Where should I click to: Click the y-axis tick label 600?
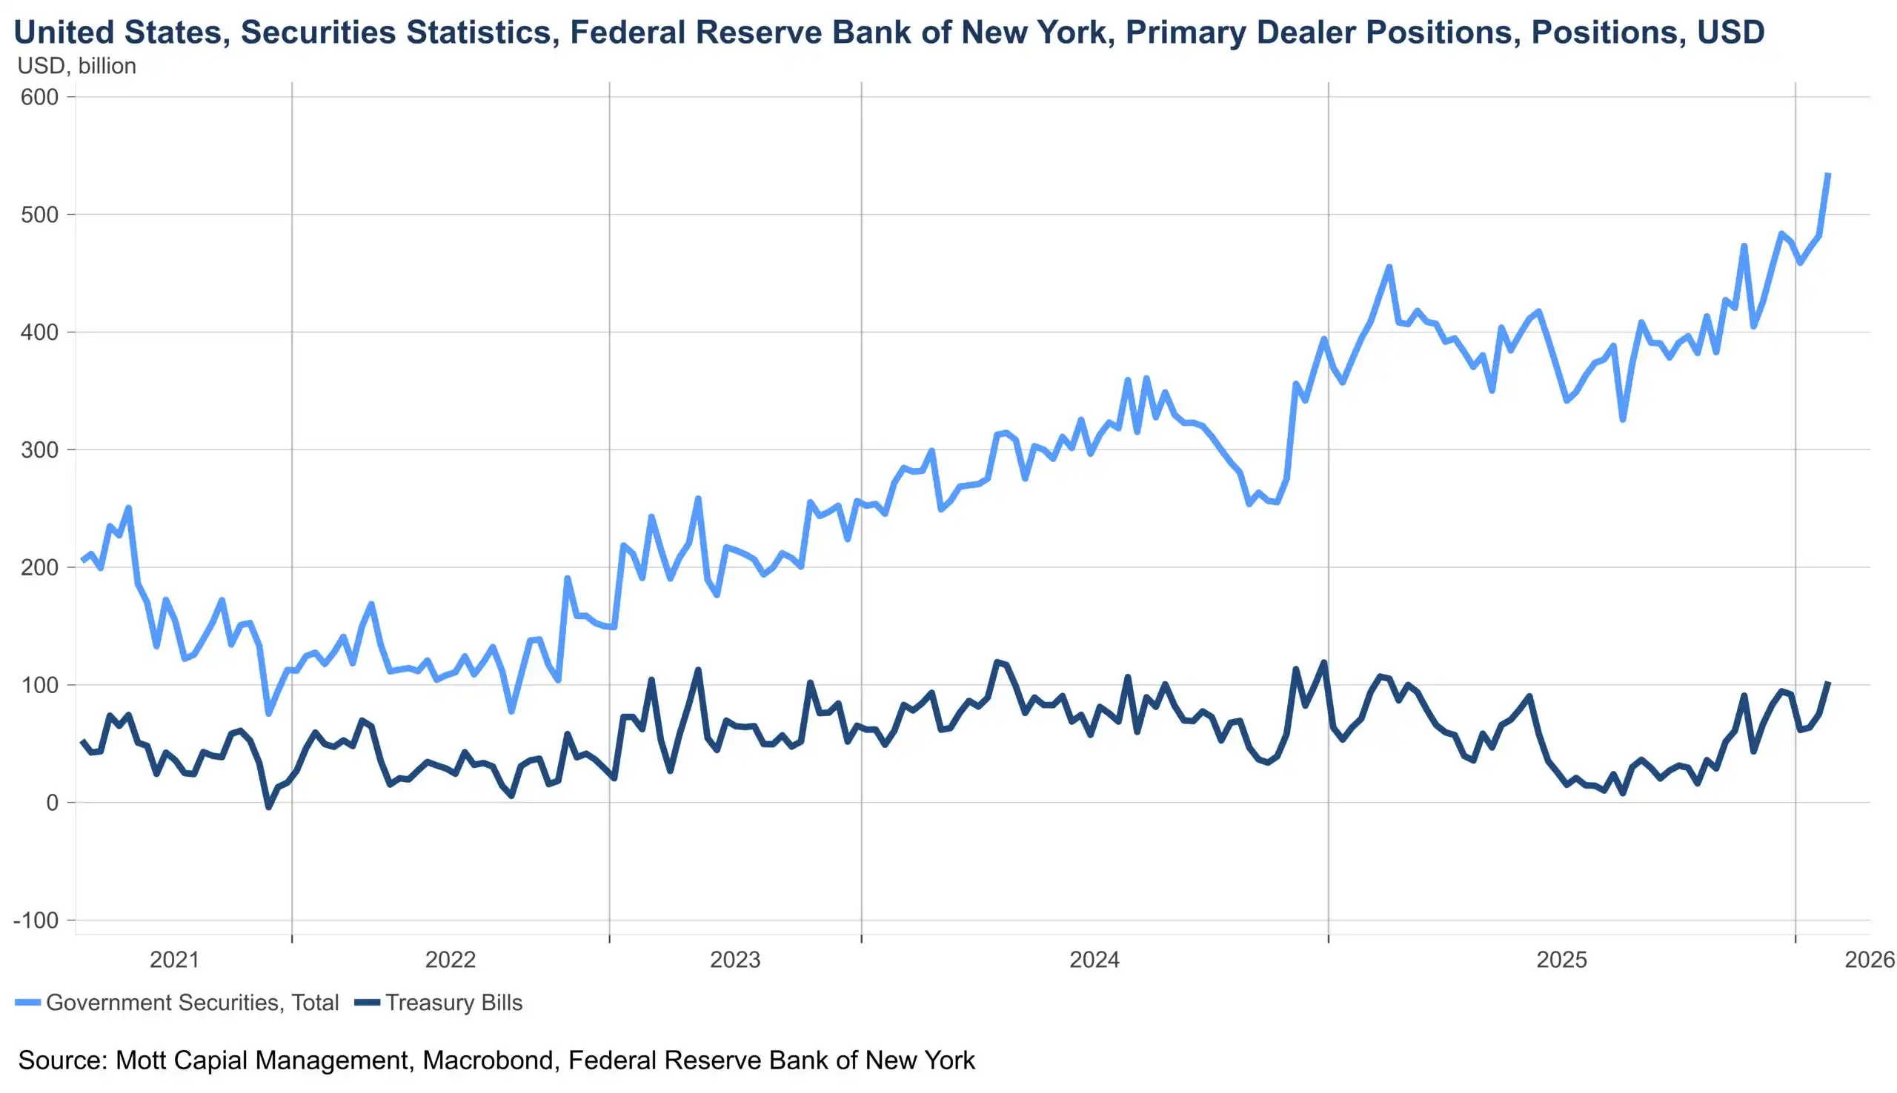(40, 97)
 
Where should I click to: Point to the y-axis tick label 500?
(40, 215)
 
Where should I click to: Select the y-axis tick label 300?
(40, 449)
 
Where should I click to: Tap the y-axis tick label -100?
(36, 920)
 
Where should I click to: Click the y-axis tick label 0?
(52, 803)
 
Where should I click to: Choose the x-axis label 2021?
(174, 960)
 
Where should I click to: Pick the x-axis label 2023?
(735, 960)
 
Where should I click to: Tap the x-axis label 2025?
(1561, 960)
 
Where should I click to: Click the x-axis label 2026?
(1870, 960)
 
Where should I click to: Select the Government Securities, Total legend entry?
(177, 1002)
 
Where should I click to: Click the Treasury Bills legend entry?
(439, 1002)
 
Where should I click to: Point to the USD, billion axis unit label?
(76, 66)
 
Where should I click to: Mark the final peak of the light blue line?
(1828, 174)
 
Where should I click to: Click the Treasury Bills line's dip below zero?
(268, 807)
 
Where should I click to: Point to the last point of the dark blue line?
(1828, 682)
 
